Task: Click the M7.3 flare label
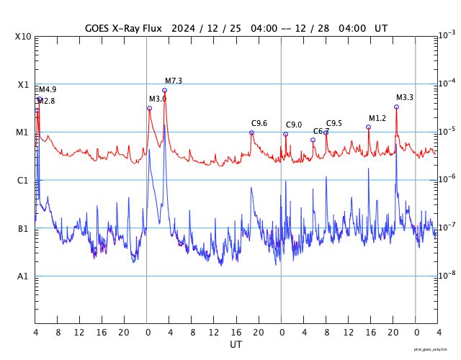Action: [x=174, y=81]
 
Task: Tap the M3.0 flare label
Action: [x=158, y=99]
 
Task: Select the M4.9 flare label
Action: [x=48, y=89]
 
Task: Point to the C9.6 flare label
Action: [x=259, y=123]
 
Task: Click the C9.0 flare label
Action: [x=294, y=125]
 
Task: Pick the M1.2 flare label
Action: [x=377, y=118]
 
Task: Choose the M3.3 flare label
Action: [x=405, y=97]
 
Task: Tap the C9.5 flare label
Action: [x=334, y=123]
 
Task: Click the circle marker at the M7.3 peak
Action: [x=164, y=90]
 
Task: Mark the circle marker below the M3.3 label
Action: [x=396, y=107]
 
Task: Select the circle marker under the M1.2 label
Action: [x=368, y=127]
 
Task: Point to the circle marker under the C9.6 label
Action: [x=251, y=132]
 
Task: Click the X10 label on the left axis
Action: [x=22, y=37]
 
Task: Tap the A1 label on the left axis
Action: [x=24, y=276]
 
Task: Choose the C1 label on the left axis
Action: [x=24, y=181]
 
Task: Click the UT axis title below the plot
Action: [x=236, y=345]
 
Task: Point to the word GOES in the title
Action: [x=99, y=28]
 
